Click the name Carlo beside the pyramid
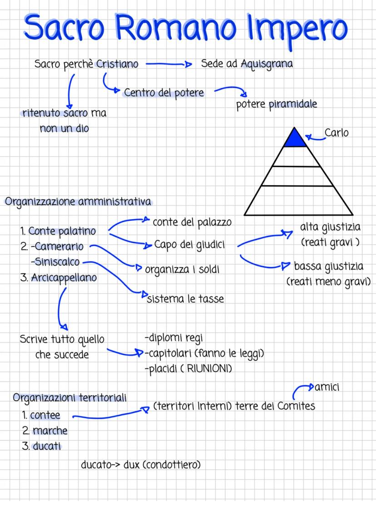point(336,133)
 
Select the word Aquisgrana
point(267,64)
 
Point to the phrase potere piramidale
point(277,104)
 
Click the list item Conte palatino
point(62,231)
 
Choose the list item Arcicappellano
point(64,277)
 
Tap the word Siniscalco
point(55,262)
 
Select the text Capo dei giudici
point(190,245)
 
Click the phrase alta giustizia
point(330,226)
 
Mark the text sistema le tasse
point(185,299)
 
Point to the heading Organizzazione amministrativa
point(78,202)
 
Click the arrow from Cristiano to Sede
point(169,64)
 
